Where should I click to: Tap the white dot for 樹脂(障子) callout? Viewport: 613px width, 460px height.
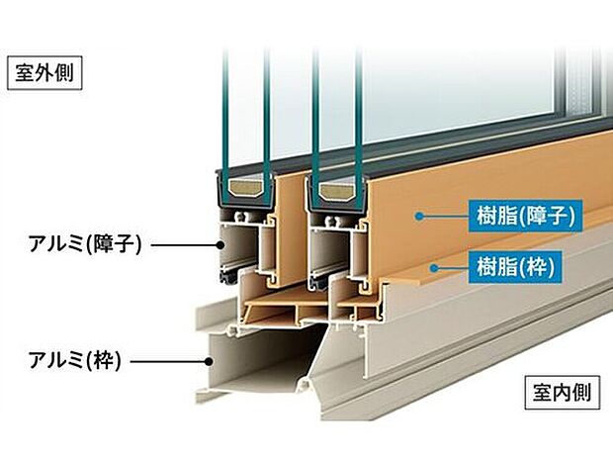tap(420, 214)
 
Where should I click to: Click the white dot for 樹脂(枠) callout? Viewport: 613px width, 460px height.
tap(432, 265)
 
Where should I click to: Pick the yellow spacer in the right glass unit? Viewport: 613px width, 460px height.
tap(337, 190)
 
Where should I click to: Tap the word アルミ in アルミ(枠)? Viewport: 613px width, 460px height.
tap(51, 361)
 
